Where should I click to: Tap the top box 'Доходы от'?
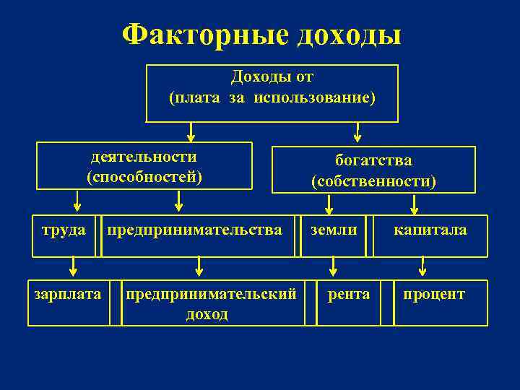(x=272, y=93)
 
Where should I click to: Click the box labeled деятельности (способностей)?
(x=144, y=165)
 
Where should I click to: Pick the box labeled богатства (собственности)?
(x=373, y=170)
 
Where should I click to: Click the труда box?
(x=64, y=235)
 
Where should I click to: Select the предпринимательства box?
(x=198, y=235)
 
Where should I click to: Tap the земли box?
(x=334, y=235)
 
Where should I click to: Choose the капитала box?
(x=430, y=235)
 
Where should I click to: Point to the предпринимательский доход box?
(x=211, y=303)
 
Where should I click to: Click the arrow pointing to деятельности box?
(x=191, y=131)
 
